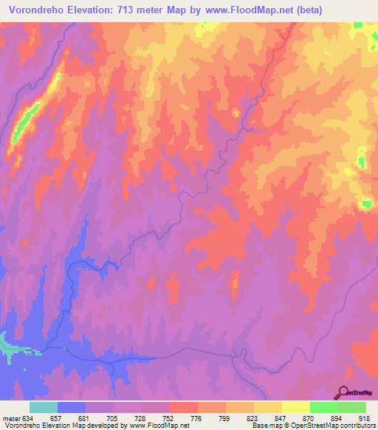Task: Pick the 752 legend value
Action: [x=155, y=418]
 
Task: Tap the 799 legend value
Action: [x=211, y=418]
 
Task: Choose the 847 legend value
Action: [x=267, y=418]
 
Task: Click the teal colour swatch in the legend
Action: [x=44, y=407]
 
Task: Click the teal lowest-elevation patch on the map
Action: [x=7, y=345]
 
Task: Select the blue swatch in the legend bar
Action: [x=72, y=407]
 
